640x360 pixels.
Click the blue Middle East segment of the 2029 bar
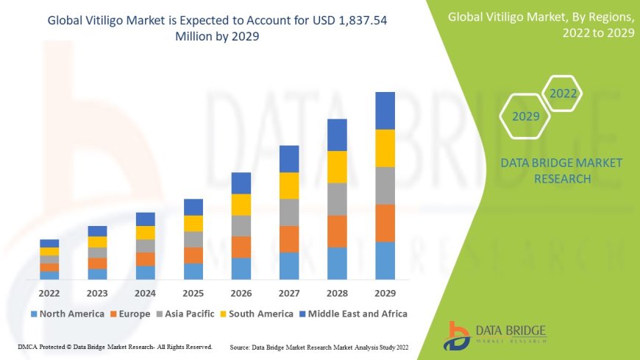(x=385, y=110)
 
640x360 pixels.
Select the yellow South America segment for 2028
(x=337, y=166)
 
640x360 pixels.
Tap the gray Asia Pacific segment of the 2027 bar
(x=289, y=212)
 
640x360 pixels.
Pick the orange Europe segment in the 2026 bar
(x=241, y=247)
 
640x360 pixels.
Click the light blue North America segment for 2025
(x=193, y=271)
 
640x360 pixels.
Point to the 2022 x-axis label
(x=49, y=292)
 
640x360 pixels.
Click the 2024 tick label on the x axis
(x=145, y=292)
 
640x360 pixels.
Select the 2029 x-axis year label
(x=385, y=292)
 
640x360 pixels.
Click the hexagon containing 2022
(x=563, y=93)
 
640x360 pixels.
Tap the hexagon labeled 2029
(x=526, y=116)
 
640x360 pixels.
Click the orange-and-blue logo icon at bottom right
(x=458, y=336)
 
